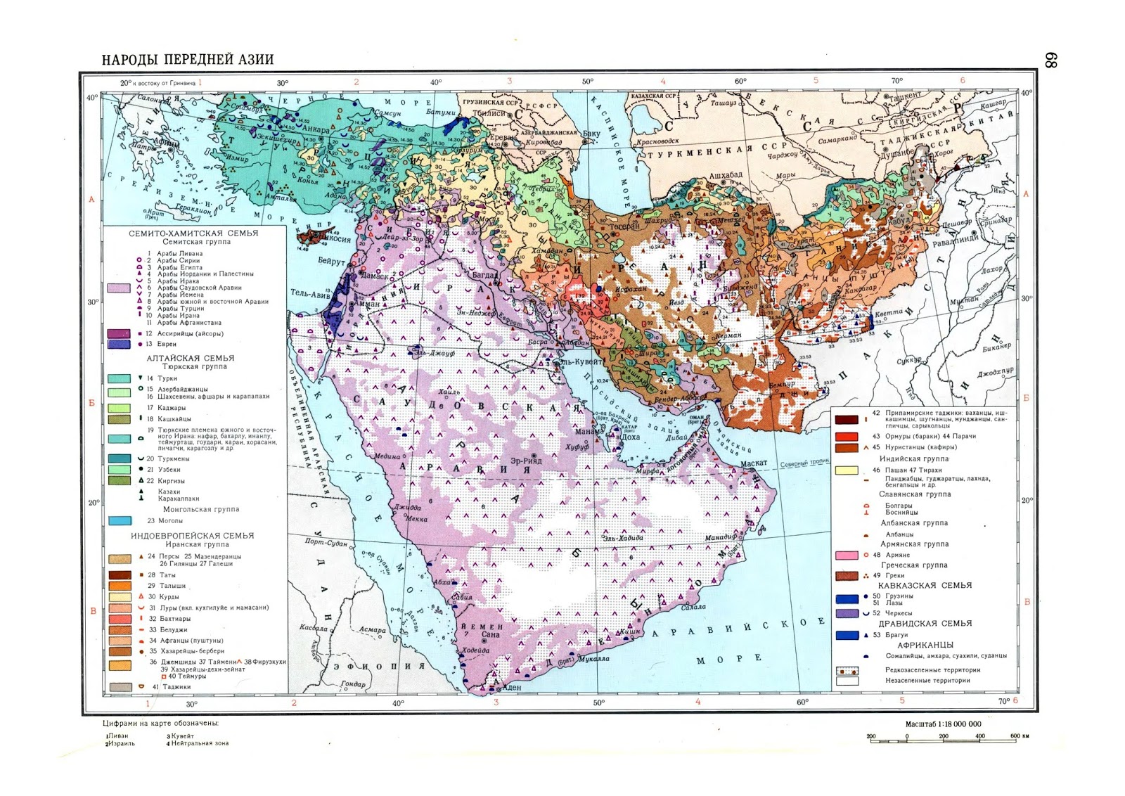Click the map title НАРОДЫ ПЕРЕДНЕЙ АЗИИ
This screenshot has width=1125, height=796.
188,60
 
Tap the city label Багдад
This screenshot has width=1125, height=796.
485,275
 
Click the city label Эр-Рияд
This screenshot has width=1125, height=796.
526,461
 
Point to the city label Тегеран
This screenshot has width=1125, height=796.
624,226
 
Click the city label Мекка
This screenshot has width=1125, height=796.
416,519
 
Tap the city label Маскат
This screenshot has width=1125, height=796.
754,463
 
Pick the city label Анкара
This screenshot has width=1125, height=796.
315,130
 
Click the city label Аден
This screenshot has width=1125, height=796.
513,687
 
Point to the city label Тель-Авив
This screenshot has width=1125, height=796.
309,293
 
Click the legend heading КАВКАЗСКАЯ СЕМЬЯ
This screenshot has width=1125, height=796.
925,585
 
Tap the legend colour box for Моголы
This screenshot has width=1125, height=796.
120,521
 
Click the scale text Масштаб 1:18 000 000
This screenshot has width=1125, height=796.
943,724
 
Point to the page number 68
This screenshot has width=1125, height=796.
1050,61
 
